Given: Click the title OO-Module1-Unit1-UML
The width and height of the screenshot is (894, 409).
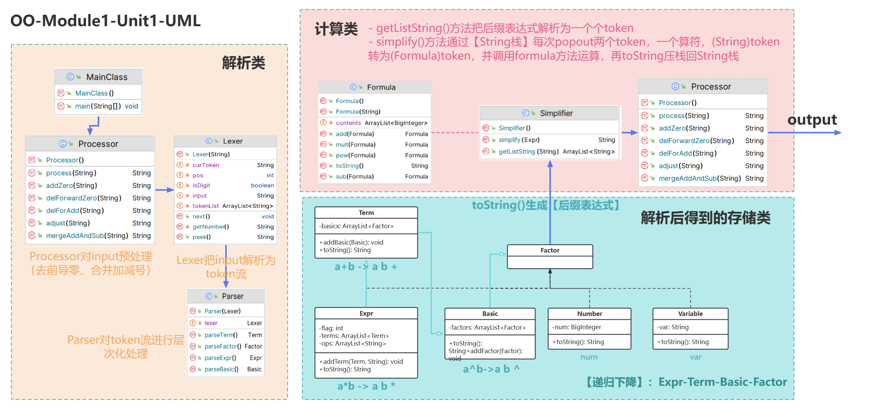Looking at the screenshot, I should click(x=105, y=21).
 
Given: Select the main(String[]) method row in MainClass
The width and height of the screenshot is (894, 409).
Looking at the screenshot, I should click(x=98, y=106).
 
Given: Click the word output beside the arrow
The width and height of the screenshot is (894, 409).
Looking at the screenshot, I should click(x=812, y=120).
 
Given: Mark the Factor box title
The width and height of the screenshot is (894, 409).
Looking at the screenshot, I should click(x=550, y=251).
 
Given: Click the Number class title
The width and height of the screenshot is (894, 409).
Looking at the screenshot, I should click(x=589, y=314).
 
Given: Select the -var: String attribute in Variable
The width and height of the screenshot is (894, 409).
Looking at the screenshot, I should click(x=673, y=327).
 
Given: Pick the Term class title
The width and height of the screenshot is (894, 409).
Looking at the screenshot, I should click(x=366, y=213).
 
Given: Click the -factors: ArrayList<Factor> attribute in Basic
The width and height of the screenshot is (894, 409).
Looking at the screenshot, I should click(x=487, y=327).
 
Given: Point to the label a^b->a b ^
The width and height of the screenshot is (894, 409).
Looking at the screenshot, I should click(x=491, y=369).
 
